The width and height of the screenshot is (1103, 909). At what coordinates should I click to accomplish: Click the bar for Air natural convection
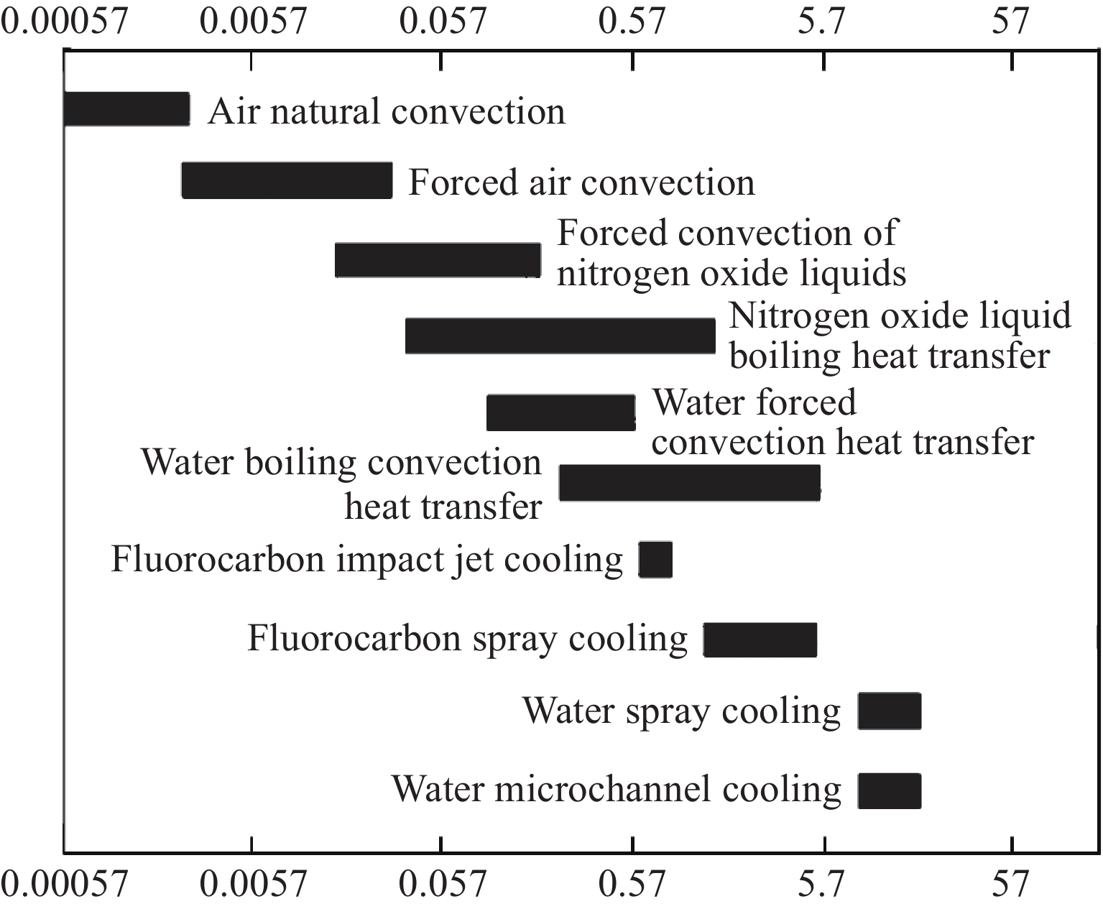pos(127,109)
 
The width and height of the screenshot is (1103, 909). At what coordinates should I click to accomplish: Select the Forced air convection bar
pos(287,180)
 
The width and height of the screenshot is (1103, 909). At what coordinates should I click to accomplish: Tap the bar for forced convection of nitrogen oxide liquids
pos(438,260)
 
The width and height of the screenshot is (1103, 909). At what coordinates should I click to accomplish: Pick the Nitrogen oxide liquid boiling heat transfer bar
pos(560,336)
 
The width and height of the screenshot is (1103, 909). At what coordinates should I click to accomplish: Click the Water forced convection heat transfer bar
pos(560,412)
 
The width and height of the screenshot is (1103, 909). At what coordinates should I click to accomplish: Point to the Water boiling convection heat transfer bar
pos(689,483)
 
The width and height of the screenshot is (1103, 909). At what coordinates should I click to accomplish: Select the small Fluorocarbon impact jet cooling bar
pos(655,560)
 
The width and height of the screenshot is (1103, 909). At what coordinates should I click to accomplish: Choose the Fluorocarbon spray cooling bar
pos(760,640)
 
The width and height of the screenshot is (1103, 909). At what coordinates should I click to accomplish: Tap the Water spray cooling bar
pos(889,711)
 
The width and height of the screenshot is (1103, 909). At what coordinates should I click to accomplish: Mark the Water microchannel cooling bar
pos(889,791)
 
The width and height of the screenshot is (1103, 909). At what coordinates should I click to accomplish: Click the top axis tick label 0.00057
pos(65,22)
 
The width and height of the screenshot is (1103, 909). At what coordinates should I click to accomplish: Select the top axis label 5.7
pos(822,22)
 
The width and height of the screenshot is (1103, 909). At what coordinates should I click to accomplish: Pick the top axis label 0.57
pos(632,22)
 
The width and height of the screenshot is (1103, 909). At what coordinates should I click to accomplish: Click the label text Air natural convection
pos(387,112)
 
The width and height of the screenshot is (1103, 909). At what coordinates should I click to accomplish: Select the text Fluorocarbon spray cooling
pos(467,638)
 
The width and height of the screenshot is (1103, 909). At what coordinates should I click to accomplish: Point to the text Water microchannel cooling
pos(616,789)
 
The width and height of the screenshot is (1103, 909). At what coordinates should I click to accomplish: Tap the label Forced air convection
pos(581,183)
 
